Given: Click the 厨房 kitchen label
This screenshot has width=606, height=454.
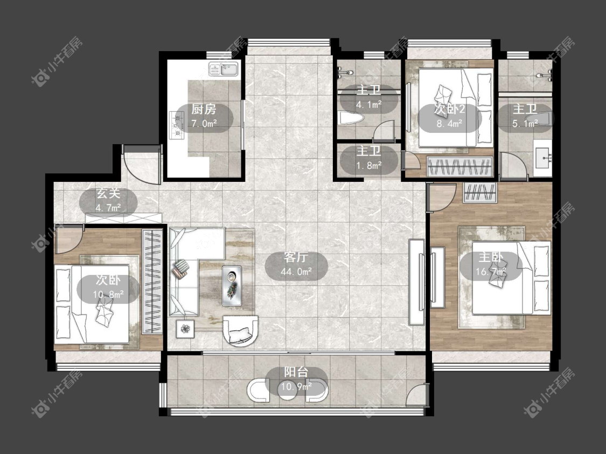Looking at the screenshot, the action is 204,109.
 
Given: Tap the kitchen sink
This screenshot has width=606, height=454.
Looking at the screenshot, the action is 224,69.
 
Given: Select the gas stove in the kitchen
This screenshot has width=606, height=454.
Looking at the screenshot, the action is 177,125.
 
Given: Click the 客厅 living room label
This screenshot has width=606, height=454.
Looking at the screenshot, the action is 296,258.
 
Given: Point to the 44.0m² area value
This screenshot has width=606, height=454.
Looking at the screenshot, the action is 296,272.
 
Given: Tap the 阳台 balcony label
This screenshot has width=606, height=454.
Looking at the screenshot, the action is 296,372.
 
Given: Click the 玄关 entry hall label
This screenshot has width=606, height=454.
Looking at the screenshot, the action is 108,194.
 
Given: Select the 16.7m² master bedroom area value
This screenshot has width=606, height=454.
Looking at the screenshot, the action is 491,272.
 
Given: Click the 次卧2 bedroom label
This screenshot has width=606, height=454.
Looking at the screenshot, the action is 449,109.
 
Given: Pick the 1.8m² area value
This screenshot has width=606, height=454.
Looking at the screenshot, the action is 368,166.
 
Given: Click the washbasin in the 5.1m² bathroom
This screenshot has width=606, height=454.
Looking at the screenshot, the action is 543,158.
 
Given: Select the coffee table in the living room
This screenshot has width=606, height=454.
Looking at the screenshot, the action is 232,286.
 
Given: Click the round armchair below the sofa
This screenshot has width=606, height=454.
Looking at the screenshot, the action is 240,331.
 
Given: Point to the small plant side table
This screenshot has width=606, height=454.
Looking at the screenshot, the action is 185,329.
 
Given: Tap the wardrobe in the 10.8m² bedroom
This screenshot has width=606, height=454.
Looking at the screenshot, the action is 152,281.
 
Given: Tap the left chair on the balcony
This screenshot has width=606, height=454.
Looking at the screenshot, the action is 258,391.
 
